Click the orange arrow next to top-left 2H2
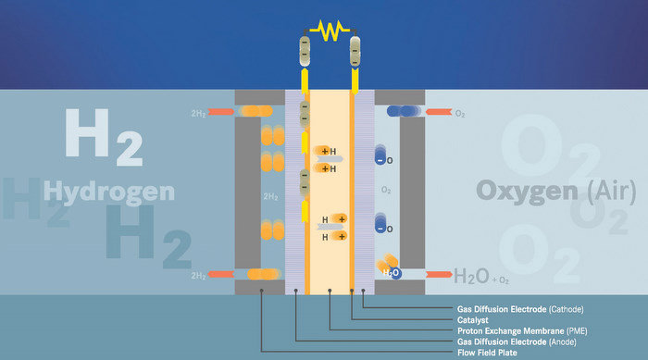pyautogui.click(x=222, y=112)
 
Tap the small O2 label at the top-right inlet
pyautogui.click(x=460, y=113)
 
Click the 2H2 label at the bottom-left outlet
pyautogui.click(x=197, y=276)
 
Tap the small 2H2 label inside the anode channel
pyautogui.click(x=270, y=197)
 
